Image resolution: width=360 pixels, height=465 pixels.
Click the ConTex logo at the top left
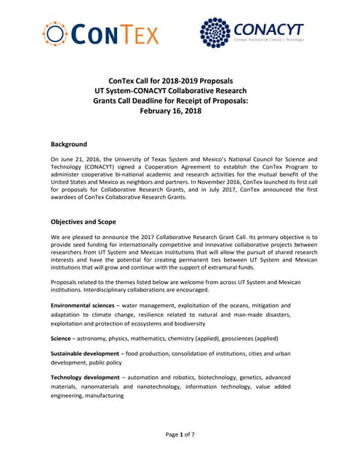pos(100,33)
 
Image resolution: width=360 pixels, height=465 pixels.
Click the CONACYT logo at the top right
pos(252,33)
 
